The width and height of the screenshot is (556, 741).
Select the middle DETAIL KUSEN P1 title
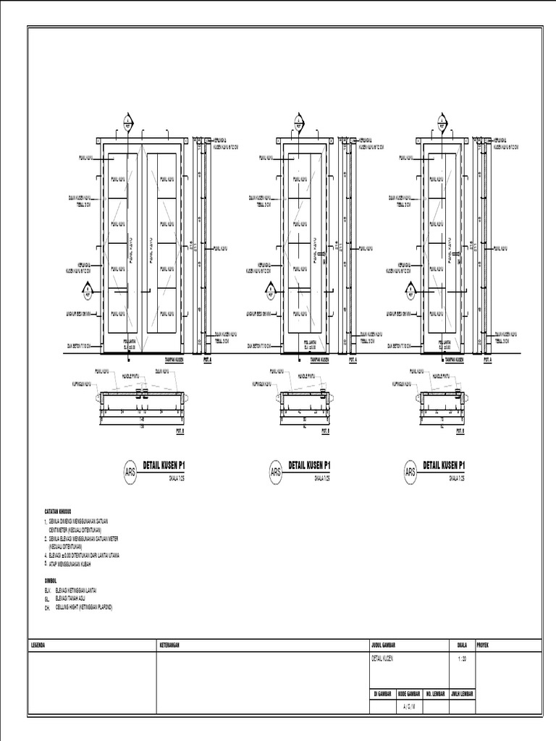(309, 465)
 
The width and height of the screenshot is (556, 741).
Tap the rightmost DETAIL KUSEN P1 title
(444, 465)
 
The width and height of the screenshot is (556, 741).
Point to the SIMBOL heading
(50, 580)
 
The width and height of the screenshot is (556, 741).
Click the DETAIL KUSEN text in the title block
(384, 658)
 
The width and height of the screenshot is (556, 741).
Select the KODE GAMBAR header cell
(409, 693)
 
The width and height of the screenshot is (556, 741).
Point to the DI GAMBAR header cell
(382, 693)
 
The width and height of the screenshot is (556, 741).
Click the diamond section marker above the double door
(128, 121)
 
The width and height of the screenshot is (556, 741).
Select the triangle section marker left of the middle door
(270, 292)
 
